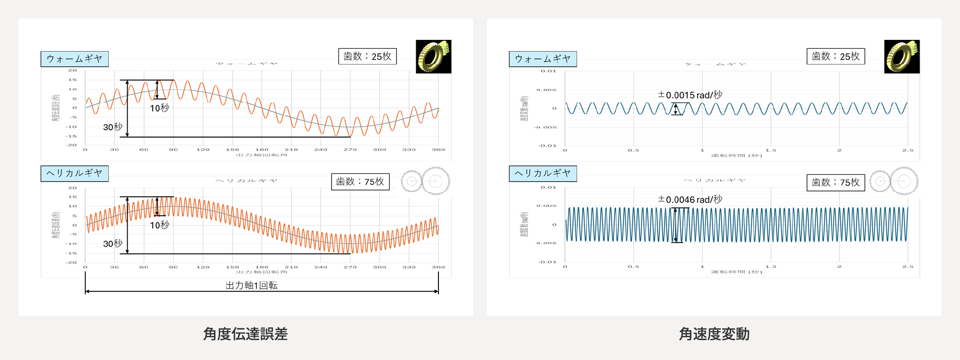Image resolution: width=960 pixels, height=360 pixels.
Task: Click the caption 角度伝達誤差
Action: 245,334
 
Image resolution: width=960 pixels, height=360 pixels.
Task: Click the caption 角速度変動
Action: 714,334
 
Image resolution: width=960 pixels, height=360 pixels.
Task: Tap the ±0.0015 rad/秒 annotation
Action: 690,95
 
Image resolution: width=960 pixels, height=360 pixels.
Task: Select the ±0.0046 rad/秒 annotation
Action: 690,200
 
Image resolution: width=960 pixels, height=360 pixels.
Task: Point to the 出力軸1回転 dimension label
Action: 252,286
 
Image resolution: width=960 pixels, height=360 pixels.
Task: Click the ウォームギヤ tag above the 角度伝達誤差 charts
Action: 75,59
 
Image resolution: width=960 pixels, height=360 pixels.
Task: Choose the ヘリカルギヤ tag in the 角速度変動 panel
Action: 543,174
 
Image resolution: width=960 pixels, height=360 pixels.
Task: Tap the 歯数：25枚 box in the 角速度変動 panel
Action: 836,56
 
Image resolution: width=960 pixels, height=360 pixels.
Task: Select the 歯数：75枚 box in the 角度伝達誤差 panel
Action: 360,182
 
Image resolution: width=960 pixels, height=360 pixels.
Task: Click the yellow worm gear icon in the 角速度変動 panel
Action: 902,56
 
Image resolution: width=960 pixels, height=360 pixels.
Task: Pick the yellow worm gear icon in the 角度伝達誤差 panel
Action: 433,56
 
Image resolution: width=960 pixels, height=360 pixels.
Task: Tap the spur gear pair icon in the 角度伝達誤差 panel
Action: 426,181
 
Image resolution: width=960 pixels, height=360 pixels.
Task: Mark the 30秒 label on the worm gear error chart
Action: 113,127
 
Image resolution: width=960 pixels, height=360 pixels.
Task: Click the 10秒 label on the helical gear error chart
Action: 159,225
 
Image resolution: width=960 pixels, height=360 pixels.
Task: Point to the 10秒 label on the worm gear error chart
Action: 159,108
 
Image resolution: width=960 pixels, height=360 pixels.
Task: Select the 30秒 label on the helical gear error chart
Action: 113,244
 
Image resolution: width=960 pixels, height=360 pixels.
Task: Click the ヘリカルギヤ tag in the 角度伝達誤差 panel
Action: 75,174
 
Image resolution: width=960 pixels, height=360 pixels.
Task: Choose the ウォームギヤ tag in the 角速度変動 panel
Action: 543,59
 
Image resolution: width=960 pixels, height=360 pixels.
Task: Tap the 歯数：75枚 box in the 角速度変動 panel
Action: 836,183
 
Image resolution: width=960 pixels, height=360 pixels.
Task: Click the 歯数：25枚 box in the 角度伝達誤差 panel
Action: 367,56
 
